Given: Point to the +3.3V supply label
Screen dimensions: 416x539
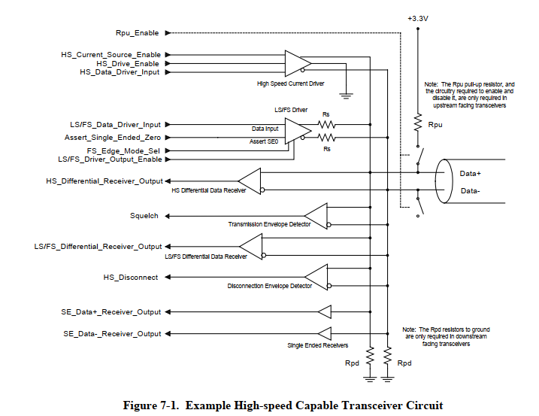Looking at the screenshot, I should pos(417,17).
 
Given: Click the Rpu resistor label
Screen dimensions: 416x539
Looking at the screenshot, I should pos(435,124).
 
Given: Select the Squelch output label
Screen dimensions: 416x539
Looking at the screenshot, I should pos(144,216).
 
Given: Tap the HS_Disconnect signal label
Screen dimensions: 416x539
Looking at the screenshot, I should pos(131,278).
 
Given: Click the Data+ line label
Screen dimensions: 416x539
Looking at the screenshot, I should pos(471,173).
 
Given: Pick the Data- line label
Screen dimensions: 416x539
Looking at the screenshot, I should pos(471,191).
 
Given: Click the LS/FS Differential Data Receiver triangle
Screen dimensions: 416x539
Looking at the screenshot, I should pos(250,246).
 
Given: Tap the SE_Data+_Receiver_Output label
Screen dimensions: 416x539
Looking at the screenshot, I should pos(111,311).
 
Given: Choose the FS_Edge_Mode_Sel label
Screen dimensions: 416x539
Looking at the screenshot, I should pos(120,150).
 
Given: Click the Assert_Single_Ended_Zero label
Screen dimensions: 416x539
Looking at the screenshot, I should pos(113,138).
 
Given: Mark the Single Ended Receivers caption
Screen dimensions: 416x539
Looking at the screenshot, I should pos(318,345).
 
